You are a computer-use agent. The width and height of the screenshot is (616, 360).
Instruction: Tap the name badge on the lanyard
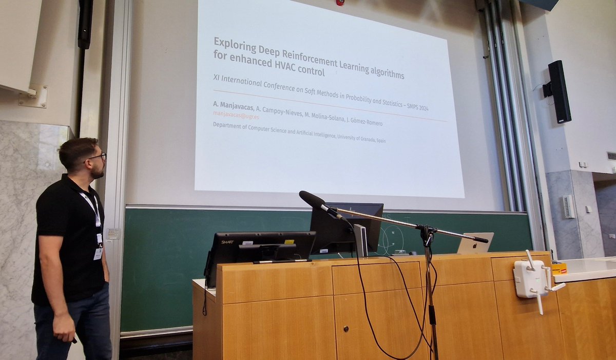click(98, 253)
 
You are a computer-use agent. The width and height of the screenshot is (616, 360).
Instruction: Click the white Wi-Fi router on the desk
click(531, 279)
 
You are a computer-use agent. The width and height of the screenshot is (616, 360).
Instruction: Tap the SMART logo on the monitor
click(227, 241)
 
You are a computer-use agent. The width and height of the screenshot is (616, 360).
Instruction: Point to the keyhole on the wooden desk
click(345, 328)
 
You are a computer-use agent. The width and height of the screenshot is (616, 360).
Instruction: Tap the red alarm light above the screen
click(339, 3)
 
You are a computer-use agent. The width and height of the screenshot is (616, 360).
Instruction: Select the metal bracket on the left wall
click(34, 96)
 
